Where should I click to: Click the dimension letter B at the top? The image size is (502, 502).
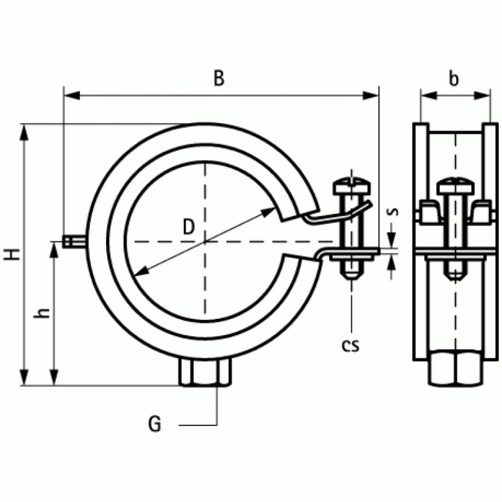[218, 78]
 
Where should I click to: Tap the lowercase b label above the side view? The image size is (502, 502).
[454, 79]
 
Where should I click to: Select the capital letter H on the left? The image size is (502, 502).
[11, 254]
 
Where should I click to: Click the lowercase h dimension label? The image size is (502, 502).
[42, 312]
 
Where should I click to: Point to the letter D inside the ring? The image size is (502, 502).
[188, 227]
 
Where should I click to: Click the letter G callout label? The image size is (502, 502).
[155, 425]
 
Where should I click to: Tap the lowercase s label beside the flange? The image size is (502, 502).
[392, 211]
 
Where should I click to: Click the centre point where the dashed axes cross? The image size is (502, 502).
[205, 242]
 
